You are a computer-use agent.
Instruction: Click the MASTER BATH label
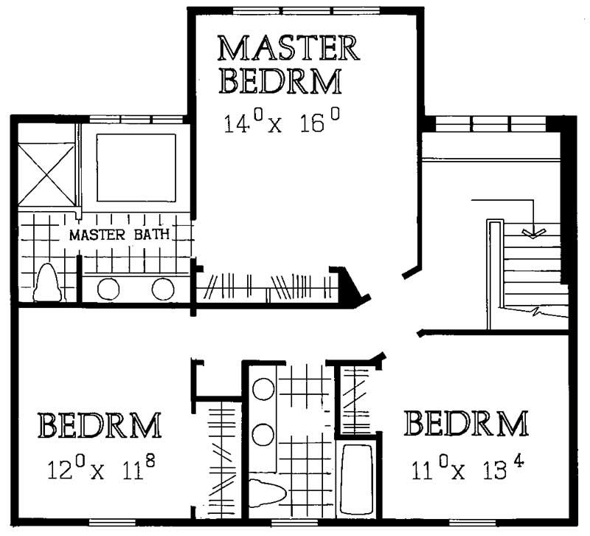(120, 236)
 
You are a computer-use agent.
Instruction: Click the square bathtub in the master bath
(136, 168)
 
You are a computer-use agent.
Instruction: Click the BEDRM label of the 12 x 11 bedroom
(100, 427)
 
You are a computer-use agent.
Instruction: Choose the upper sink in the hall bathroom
(263, 388)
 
